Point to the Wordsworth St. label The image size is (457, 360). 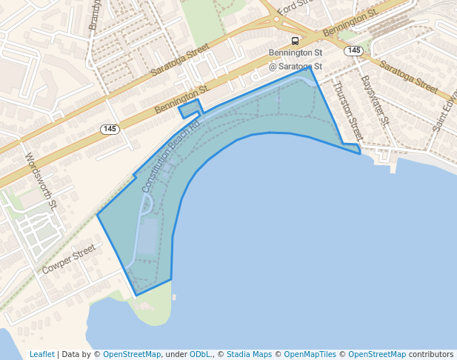coord(41,179)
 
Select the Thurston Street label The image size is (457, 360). coord(346,111)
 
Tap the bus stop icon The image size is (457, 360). coord(295,41)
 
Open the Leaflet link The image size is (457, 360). coord(41,355)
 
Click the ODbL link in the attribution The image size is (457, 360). coord(200,355)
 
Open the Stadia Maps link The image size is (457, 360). coord(249,355)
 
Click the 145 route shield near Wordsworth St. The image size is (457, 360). coord(110,129)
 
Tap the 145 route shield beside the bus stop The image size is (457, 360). coord(354,50)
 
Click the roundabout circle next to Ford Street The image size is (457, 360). coord(276,19)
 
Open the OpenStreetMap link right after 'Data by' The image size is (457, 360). coord(132,355)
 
